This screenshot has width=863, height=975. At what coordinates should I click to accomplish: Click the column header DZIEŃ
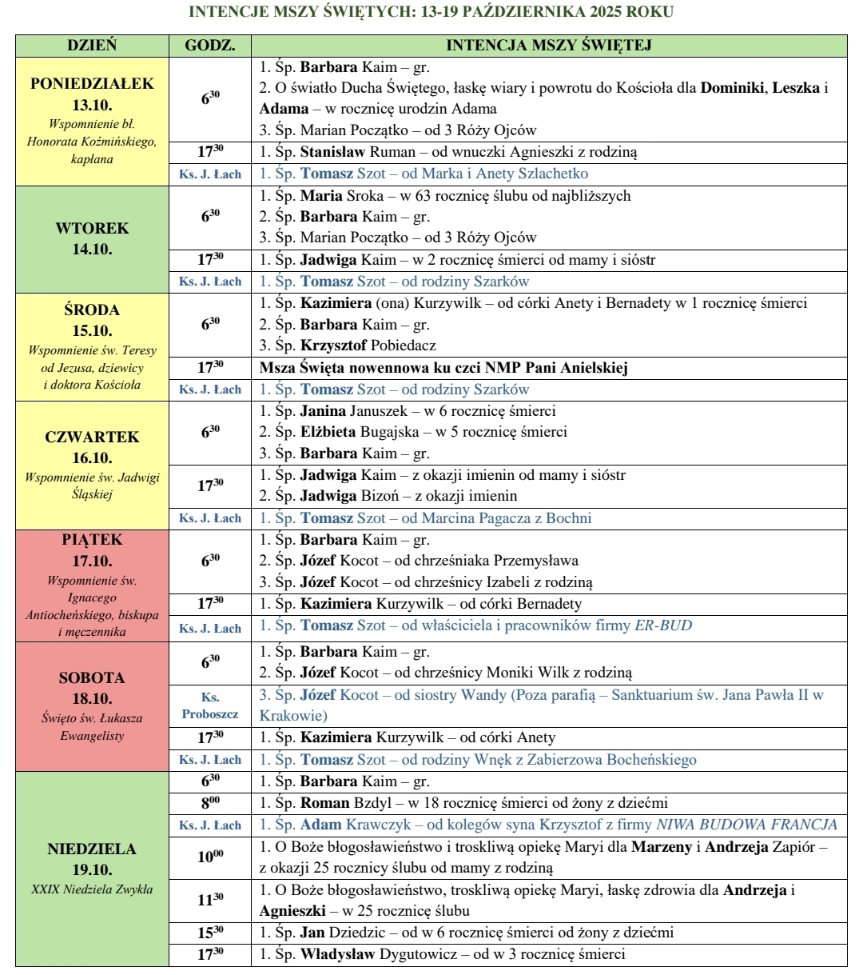point(92,46)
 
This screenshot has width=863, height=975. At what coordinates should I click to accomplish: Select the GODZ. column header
point(210,46)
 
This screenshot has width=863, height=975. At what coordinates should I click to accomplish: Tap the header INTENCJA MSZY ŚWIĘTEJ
point(548,46)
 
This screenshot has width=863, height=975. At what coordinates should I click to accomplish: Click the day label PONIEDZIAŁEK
point(92,84)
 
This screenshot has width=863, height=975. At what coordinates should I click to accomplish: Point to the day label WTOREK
point(92,229)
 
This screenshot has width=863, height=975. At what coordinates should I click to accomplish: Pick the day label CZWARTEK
point(92,438)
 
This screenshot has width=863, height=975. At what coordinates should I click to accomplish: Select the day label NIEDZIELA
point(92,849)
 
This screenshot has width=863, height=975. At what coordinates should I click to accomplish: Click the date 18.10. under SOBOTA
point(92,697)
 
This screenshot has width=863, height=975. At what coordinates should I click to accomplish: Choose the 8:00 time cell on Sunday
point(210,803)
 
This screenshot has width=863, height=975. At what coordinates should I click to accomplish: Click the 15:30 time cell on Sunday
point(210,933)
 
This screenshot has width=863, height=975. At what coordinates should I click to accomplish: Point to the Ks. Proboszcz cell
point(210,705)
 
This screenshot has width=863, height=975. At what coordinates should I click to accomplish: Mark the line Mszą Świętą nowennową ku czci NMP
point(443,368)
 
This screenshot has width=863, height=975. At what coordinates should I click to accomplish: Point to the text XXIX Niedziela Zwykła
point(92,889)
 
